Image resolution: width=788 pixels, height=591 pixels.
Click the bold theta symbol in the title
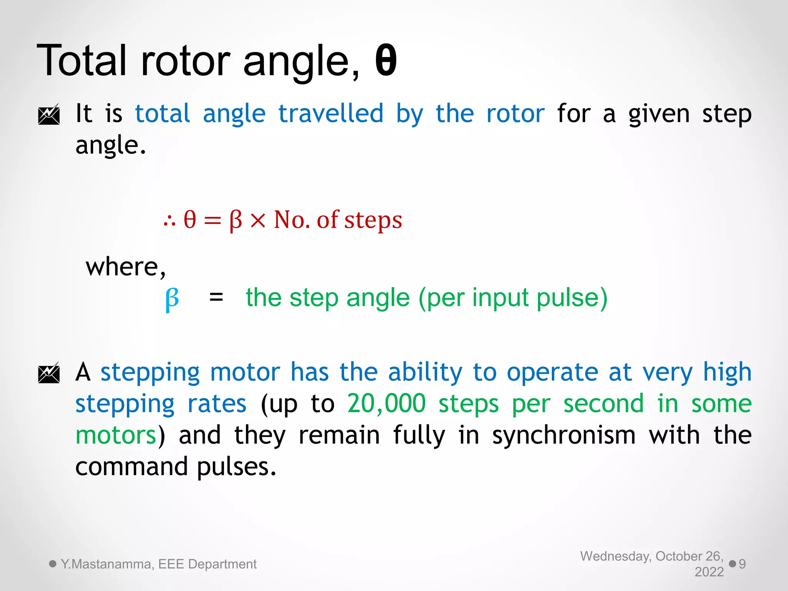[x=386, y=61]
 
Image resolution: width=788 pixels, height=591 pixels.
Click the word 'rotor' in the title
[x=185, y=62]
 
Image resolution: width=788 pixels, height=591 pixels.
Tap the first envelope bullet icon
[x=49, y=115]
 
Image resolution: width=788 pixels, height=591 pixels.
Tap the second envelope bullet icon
[x=49, y=373]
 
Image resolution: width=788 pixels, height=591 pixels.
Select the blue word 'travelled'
[x=331, y=114]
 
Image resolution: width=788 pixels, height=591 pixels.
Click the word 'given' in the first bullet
[x=659, y=115]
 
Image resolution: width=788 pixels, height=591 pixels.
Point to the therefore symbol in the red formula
[x=169, y=221]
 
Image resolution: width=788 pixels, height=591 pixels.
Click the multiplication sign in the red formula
[x=258, y=221]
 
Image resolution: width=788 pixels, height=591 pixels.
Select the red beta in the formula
[x=235, y=221]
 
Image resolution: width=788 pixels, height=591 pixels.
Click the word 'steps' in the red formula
[x=373, y=221]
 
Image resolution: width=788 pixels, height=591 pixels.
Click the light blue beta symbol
[x=172, y=299]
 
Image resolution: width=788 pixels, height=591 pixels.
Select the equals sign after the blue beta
[x=216, y=297]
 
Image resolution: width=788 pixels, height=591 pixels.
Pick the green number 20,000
[x=386, y=404]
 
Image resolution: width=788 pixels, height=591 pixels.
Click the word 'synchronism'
[x=564, y=436]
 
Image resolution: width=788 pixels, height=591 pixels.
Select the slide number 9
[x=742, y=564]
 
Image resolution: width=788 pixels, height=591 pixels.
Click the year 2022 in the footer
[x=709, y=572]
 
